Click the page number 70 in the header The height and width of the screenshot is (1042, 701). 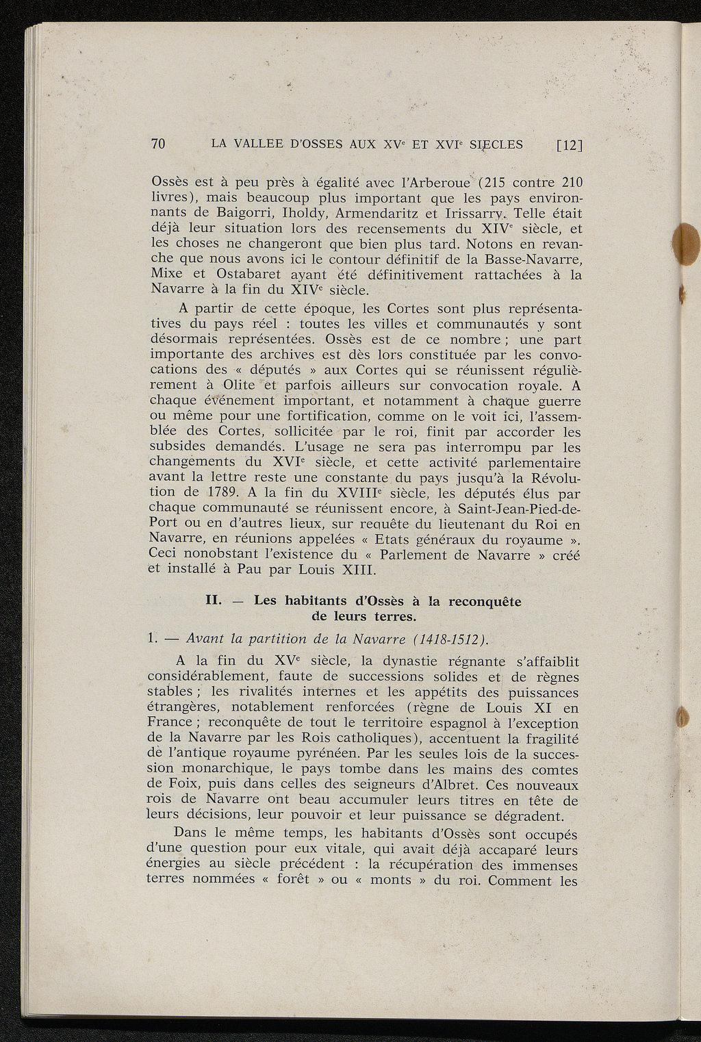point(158,144)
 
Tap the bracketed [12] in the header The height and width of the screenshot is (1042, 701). point(569,144)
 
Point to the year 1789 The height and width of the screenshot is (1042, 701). point(221,492)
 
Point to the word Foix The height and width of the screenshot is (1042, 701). point(181,785)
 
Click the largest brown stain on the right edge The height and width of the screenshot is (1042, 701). point(687,244)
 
